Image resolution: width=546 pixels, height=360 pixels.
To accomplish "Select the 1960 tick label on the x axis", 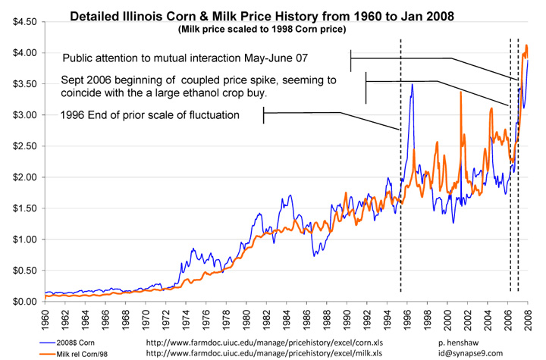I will point(48,317).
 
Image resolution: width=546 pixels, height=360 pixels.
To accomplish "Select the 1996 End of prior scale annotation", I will point(150,115).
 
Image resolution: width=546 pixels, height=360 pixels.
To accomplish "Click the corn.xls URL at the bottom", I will point(271,341).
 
